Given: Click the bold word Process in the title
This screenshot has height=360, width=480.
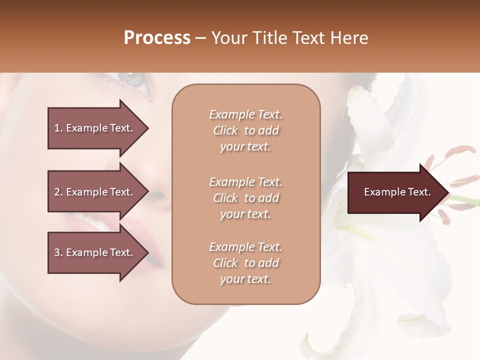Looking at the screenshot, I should pos(157,38).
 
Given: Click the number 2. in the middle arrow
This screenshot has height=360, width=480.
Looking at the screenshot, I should pos(58,192).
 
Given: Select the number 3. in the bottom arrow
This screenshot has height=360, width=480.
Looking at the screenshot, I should pos(58,252).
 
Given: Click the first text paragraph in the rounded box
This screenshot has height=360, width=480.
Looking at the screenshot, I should pos(245,130).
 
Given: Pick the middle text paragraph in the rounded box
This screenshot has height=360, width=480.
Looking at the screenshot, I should pos(245,197).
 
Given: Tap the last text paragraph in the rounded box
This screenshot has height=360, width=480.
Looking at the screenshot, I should pos(245,263).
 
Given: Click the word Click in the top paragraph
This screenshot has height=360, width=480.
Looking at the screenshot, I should pos(225,130).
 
